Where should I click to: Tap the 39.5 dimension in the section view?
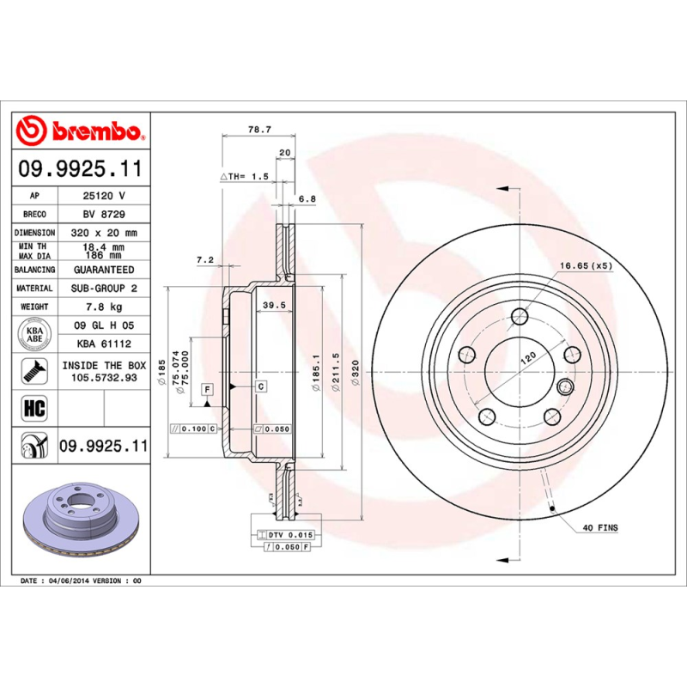click(273, 306)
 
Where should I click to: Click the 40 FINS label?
click(600, 527)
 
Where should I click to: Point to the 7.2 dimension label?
click(204, 258)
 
